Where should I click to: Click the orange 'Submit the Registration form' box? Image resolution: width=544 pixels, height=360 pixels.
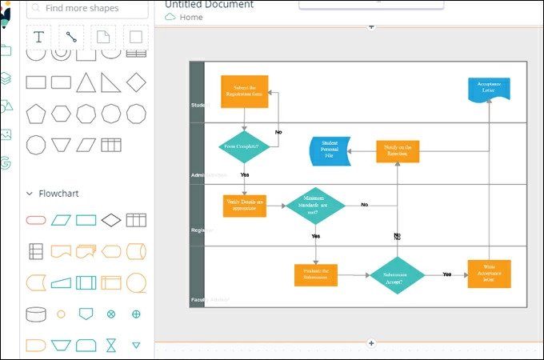[244, 91]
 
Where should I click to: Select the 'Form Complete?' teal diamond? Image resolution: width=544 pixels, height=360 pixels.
[244, 146]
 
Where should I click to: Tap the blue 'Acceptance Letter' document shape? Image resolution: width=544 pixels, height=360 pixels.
[489, 88]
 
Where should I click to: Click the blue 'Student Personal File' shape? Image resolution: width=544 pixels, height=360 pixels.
[330, 151]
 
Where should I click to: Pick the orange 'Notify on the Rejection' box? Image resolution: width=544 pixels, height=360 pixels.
[398, 151]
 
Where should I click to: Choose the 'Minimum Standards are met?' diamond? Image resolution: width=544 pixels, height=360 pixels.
[315, 206]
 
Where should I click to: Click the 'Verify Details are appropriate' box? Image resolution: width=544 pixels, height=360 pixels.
[245, 206]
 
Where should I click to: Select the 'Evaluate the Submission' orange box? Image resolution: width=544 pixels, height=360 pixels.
[315, 274]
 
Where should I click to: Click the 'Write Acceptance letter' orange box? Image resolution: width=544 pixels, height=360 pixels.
[489, 274]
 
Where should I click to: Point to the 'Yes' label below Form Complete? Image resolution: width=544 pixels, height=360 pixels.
[244, 174]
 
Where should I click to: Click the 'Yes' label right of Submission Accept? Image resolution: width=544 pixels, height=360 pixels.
[446, 274]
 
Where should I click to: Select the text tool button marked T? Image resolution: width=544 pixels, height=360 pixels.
[39, 37]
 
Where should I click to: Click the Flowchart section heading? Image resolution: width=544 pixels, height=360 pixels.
[58, 194]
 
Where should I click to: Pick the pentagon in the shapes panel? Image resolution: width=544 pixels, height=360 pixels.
[36, 114]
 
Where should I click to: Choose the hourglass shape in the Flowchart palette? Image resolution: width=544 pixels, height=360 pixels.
[111, 345]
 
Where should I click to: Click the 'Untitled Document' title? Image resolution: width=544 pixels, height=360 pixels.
[209, 5]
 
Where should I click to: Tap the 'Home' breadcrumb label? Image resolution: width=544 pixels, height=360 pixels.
[191, 17]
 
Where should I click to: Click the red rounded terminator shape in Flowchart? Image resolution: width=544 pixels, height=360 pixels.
[36, 220]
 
